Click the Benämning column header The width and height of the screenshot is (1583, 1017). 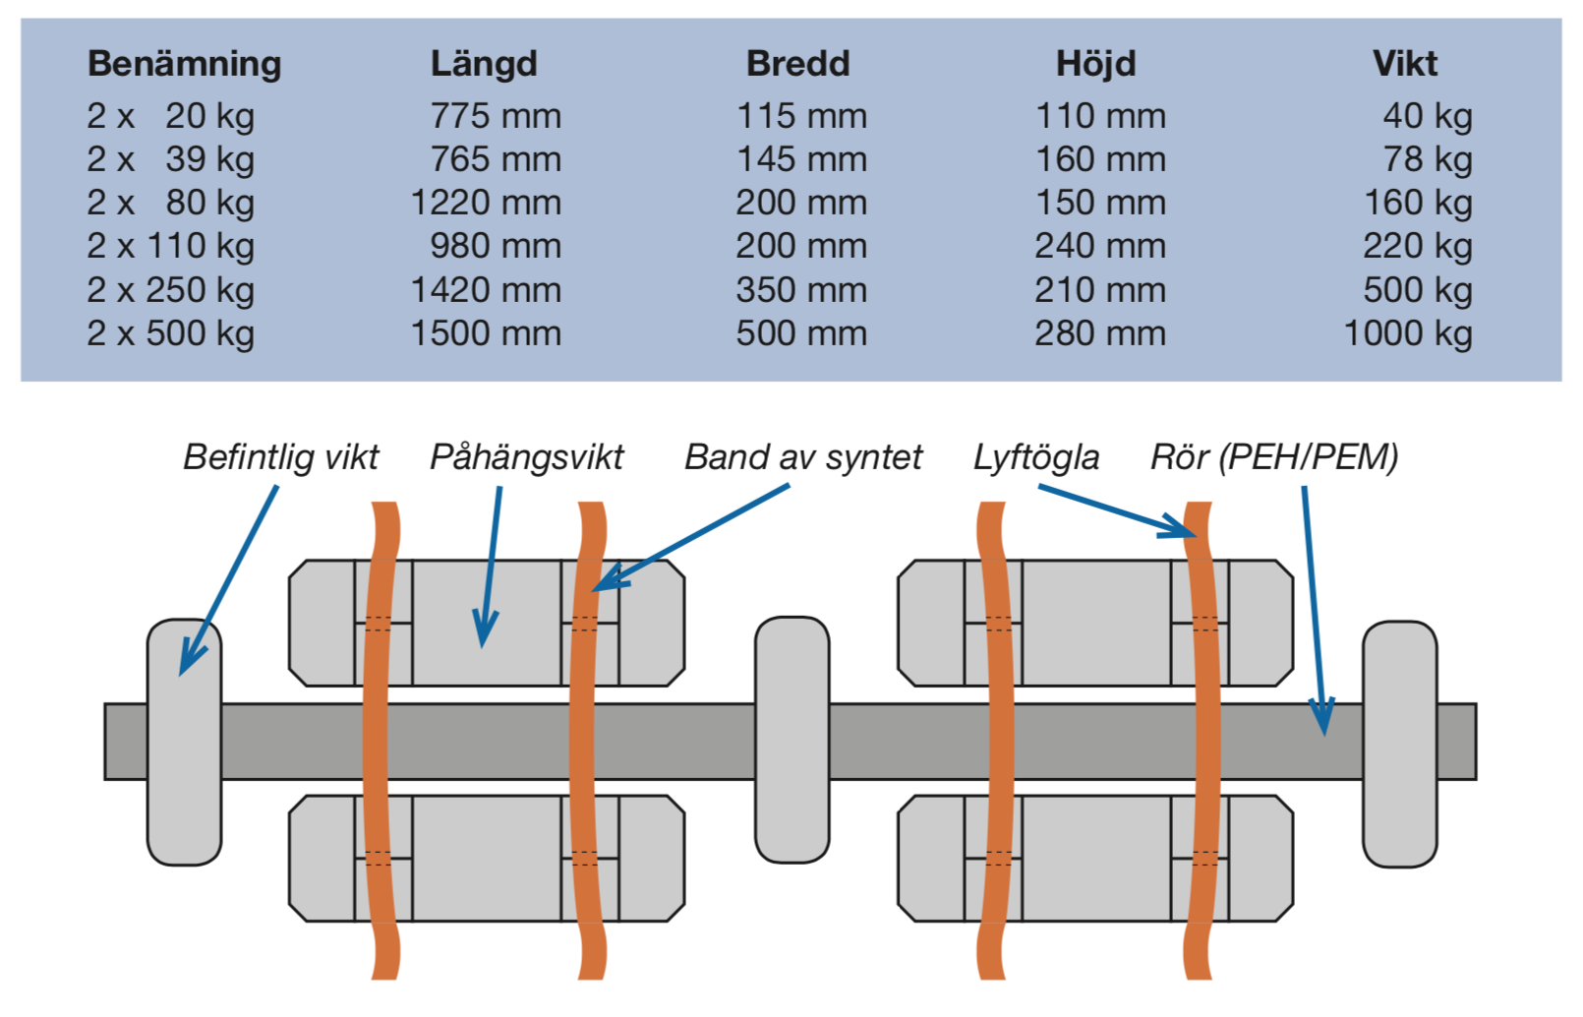184,64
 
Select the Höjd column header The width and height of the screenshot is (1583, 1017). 1095,64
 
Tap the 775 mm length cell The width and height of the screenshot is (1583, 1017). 495,116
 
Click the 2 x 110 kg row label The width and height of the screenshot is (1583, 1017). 170,246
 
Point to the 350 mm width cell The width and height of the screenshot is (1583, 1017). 801,290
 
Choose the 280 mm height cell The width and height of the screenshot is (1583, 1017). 1099,333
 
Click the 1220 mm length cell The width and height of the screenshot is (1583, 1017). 485,203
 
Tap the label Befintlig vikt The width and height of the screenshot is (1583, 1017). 280,457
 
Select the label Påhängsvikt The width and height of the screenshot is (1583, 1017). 526,457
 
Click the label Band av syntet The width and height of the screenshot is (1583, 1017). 803,457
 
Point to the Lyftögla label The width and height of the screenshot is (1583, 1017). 1036,457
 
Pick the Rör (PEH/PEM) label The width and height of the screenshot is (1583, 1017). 1274,457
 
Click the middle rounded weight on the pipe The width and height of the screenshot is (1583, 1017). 791,740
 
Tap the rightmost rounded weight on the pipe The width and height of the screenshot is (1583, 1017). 1399,744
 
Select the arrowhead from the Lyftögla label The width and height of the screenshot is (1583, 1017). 1182,528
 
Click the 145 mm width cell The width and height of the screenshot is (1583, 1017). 801,159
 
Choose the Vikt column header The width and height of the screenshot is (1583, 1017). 1404,64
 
